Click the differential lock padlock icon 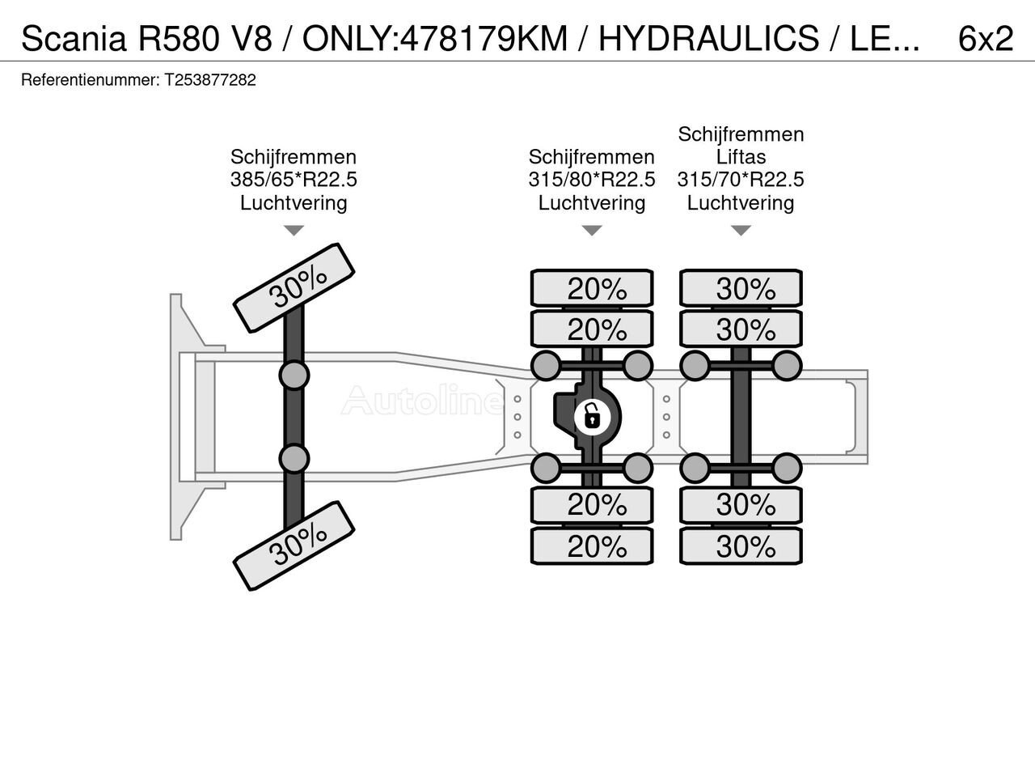(x=592, y=417)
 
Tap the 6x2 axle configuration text (x=985, y=38)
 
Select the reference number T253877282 (x=209, y=80)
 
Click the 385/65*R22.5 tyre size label (x=294, y=180)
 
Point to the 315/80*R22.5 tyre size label (x=592, y=180)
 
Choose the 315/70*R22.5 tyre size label (x=741, y=180)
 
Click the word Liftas (x=741, y=157)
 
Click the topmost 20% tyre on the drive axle (x=592, y=288)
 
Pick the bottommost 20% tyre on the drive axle (x=592, y=546)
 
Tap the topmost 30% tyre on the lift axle (x=741, y=288)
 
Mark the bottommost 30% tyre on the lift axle (x=741, y=546)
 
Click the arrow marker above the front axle (x=294, y=231)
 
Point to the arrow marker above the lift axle (x=741, y=231)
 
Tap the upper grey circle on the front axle (x=294, y=375)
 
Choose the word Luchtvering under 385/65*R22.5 (x=294, y=202)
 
